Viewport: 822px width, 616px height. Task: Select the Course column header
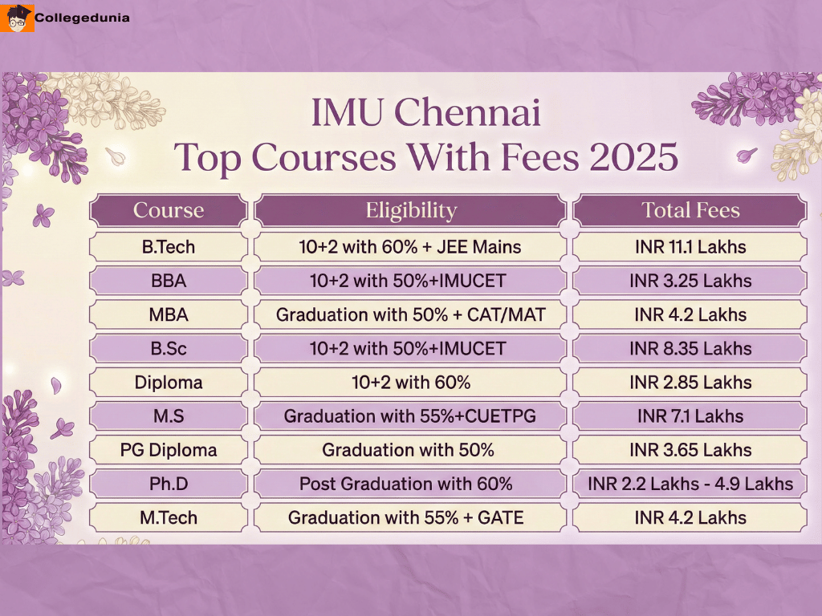click(x=169, y=211)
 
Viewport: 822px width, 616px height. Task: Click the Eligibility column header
click(x=411, y=211)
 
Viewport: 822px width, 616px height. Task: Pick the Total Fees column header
click(x=690, y=211)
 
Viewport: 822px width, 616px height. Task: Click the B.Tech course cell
click(x=169, y=247)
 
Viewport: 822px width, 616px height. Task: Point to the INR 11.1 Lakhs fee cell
click(x=690, y=247)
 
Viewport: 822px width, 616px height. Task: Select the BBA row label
click(x=169, y=281)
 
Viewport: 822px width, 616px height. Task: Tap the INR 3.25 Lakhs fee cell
click(x=690, y=281)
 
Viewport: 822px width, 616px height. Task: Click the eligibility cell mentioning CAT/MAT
click(x=411, y=314)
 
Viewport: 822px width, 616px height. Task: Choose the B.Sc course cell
click(x=169, y=349)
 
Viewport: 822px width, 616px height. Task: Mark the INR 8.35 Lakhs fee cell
click(x=690, y=349)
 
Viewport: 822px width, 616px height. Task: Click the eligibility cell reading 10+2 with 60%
click(x=411, y=383)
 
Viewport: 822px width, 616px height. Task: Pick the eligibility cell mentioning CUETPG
click(x=411, y=416)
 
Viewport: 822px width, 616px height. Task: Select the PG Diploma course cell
click(x=169, y=450)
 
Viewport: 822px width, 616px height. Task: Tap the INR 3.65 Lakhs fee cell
click(x=690, y=450)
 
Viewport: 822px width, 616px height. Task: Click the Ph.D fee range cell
click(x=690, y=484)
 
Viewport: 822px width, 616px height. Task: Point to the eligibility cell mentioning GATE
click(x=411, y=517)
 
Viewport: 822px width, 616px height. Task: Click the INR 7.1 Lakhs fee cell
click(x=690, y=416)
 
